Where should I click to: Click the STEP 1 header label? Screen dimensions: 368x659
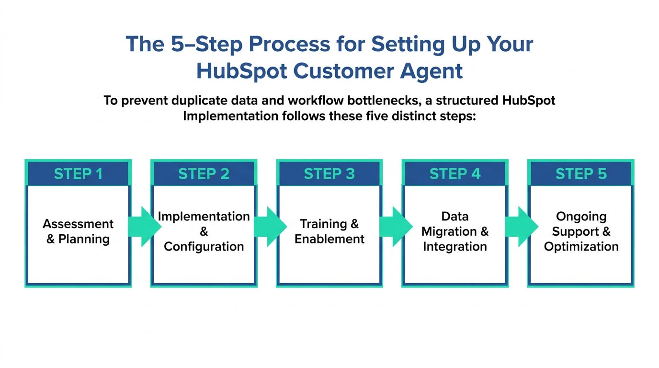click(78, 173)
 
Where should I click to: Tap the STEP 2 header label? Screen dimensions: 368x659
click(204, 173)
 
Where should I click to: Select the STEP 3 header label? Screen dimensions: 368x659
click(329, 173)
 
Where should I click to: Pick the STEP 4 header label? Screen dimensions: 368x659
click(455, 173)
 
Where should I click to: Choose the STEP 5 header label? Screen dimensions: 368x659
click(581, 173)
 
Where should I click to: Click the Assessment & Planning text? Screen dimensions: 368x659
click(78, 231)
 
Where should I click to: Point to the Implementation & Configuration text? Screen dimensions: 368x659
click(204, 231)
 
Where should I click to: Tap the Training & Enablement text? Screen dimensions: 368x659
click(329, 231)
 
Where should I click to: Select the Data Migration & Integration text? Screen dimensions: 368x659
click(455, 231)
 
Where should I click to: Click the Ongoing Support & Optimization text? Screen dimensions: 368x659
click(581, 231)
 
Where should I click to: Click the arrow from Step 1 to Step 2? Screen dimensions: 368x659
click(144, 227)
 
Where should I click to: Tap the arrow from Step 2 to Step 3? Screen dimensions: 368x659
click(270, 227)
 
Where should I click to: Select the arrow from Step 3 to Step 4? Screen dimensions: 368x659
click(396, 227)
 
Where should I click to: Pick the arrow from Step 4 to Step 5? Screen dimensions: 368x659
click(521, 227)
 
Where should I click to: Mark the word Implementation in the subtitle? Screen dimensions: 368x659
click(230, 116)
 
